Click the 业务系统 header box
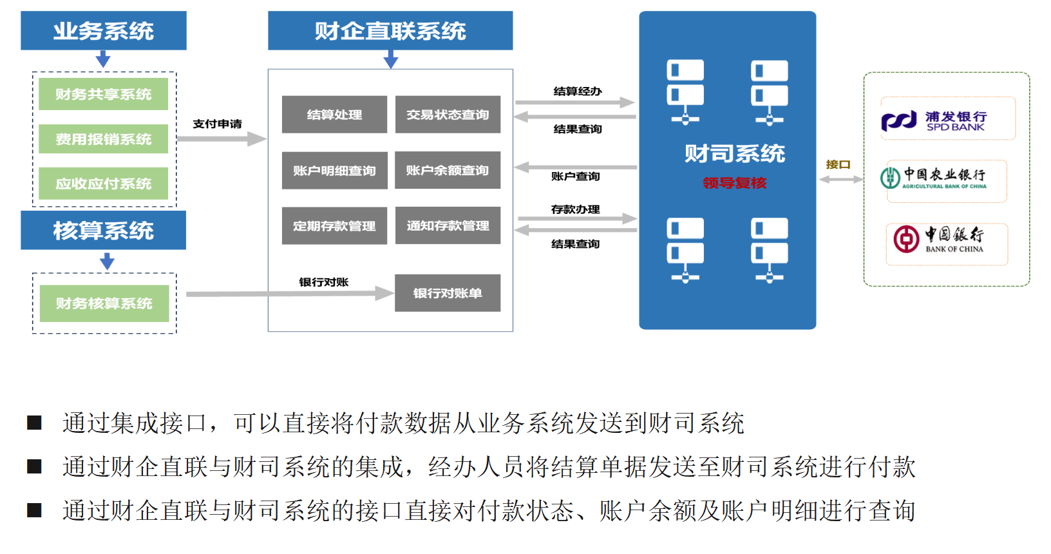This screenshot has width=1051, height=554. click(103, 30)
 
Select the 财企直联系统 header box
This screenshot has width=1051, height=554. click(390, 30)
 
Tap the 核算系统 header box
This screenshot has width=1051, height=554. click(103, 230)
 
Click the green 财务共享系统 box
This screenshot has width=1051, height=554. click(103, 94)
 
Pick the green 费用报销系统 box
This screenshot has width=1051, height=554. click(103, 139)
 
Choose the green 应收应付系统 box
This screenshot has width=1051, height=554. click(103, 184)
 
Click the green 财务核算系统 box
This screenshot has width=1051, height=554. click(104, 303)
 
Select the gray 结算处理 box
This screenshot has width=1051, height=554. click(334, 115)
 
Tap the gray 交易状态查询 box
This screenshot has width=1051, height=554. click(448, 115)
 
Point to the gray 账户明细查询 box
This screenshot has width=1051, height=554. click(334, 171)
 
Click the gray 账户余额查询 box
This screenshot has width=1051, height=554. click(448, 170)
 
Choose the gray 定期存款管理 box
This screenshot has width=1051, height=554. click(334, 226)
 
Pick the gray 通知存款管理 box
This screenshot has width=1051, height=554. click(448, 225)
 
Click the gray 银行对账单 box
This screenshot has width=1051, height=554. click(448, 293)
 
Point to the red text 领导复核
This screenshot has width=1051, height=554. click(734, 183)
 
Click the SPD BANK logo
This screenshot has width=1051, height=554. click(947, 119)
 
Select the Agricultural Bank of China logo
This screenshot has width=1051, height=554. click(945, 179)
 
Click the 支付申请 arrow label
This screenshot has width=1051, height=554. click(217, 124)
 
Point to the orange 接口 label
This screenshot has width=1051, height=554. click(838, 164)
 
